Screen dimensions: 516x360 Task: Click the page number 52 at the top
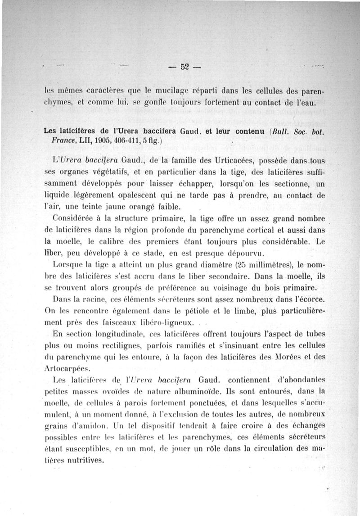point(184,68)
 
